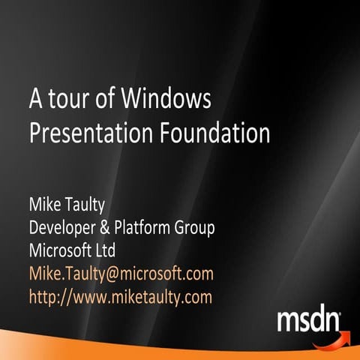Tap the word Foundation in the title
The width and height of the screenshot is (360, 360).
(x=215, y=133)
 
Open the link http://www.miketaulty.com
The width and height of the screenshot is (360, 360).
(x=120, y=296)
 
